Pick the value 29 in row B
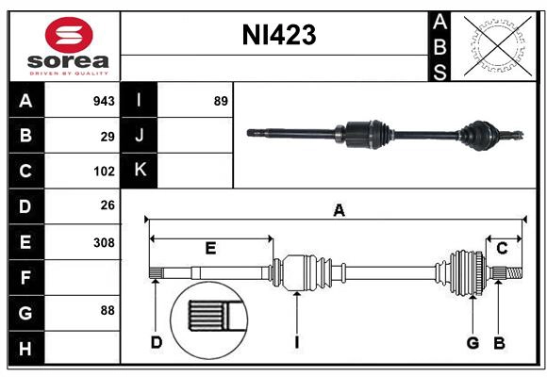tap(108, 137)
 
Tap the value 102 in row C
tap(104, 172)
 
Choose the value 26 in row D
tap(108, 205)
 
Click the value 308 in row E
tap(104, 241)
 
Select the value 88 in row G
tap(108, 310)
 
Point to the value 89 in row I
tap(221, 101)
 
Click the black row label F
tap(25, 277)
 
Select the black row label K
tap(141, 171)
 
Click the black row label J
tap(141, 136)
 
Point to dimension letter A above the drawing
tap(338, 211)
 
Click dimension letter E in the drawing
tap(210, 248)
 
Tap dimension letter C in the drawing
tap(502, 248)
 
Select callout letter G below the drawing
tap(472, 342)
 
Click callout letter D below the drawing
tap(157, 342)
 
